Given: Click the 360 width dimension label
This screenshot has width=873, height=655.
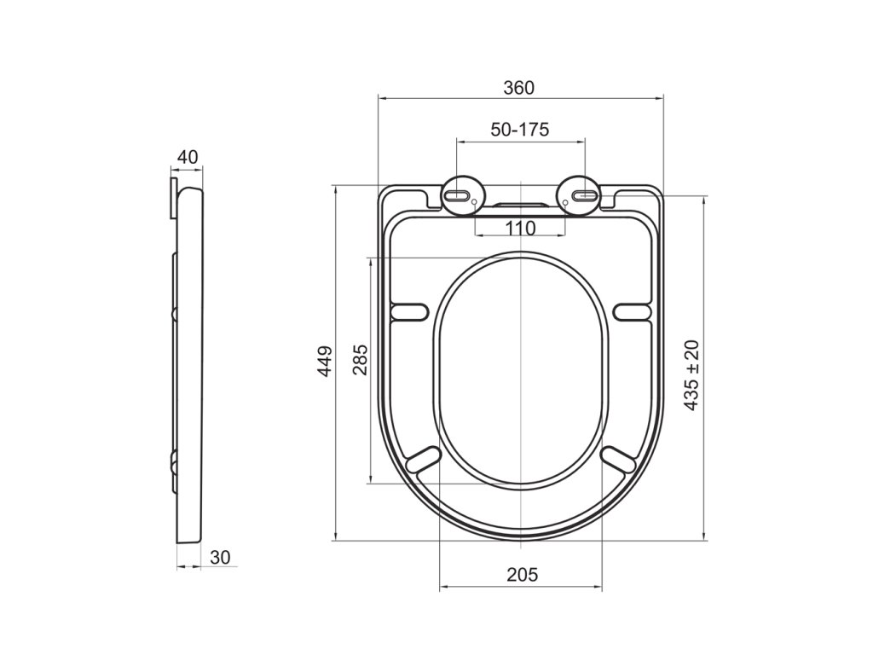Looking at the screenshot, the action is [x=518, y=88].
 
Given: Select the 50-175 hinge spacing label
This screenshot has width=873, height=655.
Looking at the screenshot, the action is [x=519, y=130].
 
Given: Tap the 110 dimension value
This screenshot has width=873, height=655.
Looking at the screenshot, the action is [x=521, y=228].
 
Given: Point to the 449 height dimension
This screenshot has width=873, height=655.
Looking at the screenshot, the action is [x=325, y=361].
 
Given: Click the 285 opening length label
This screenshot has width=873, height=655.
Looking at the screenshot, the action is [x=361, y=360].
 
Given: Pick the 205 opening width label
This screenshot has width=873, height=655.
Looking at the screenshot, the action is [x=523, y=574].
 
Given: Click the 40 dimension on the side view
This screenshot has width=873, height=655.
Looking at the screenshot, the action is [x=188, y=157].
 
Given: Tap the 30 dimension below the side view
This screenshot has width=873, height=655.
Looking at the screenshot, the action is [x=220, y=557].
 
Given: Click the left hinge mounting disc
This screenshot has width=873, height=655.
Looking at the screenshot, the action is [x=463, y=195].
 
